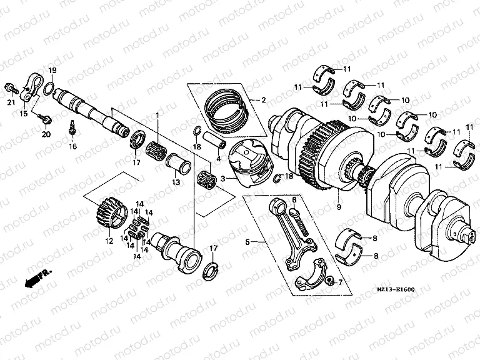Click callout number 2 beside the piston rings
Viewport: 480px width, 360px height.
264,99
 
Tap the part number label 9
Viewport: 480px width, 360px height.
339,207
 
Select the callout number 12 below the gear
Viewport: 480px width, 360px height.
108,241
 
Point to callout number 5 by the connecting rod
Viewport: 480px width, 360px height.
247,241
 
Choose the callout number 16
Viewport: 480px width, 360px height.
72,146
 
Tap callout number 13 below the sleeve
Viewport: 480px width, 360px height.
176,182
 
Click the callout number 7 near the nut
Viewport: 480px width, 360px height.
340,282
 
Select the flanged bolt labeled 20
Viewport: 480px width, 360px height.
45,117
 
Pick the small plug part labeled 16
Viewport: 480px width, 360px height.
73,128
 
